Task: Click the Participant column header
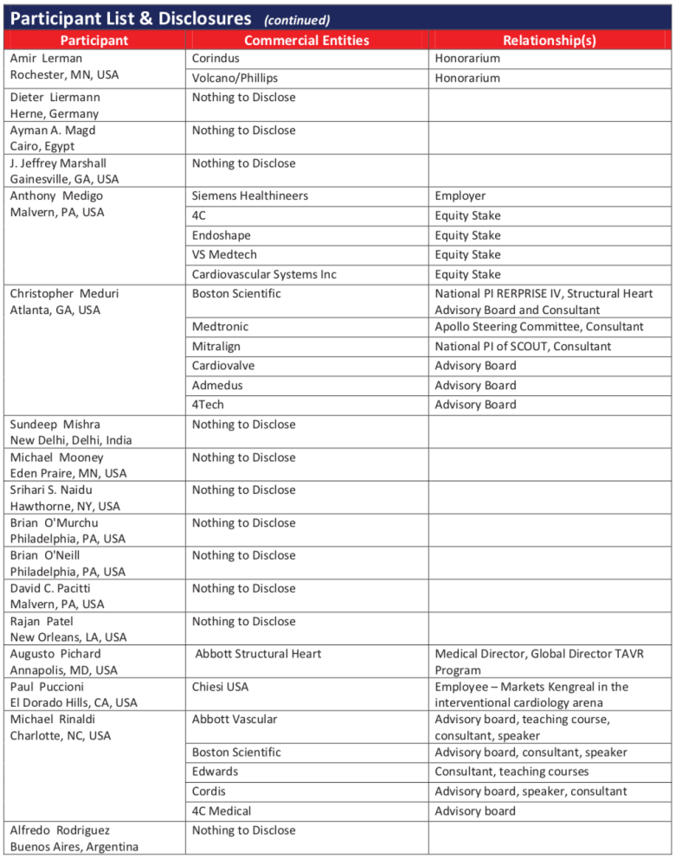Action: pyautogui.click(x=95, y=41)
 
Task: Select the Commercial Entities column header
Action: pyautogui.click(x=306, y=41)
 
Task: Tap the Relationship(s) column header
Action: pyautogui.click(x=550, y=41)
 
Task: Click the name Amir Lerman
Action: pyautogui.click(x=47, y=59)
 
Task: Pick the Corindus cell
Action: pyautogui.click(x=215, y=59)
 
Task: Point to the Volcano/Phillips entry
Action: pyautogui.click(x=235, y=79)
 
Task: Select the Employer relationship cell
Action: pyautogui.click(x=460, y=196)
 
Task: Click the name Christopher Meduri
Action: pyautogui.click(x=65, y=294)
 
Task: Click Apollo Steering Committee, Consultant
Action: pyautogui.click(x=539, y=327)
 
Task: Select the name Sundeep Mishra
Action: pyautogui.click(x=55, y=425)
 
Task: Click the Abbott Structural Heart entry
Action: pyautogui.click(x=258, y=654)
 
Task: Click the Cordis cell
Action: pyautogui.click(x=210, y=791)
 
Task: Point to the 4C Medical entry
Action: pyautogui.click(x=222, y=811)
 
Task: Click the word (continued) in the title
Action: pyautogui.click(x=297, y=18)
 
